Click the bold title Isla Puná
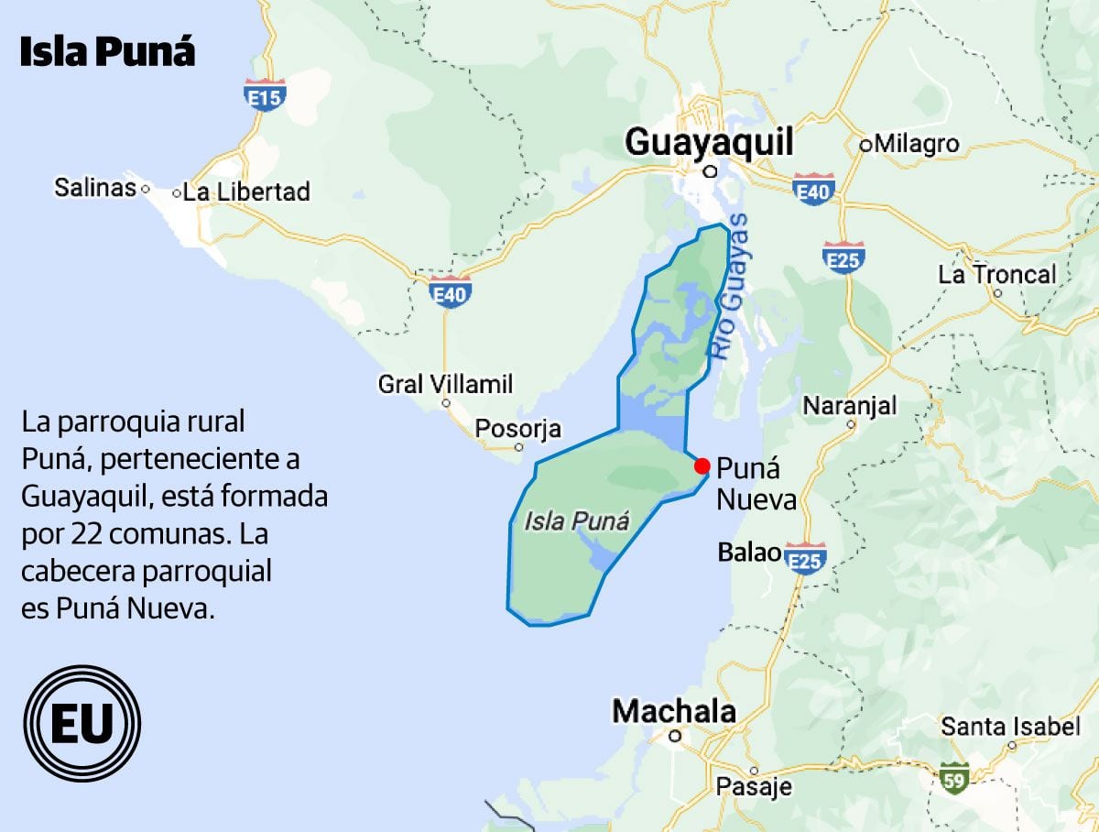point(108,53)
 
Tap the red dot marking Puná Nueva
point(702,465)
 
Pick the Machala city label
point(674,711)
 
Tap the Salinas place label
point(95,188)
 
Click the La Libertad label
point(246,192)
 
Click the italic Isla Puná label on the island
point(576,522)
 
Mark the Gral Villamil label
point(446,384)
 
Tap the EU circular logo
point(82,724)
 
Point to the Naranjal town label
point(850,406)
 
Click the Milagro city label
point(917,144)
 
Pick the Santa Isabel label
point(1011,728)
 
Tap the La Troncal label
point(996,274)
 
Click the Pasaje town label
point(754,786)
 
